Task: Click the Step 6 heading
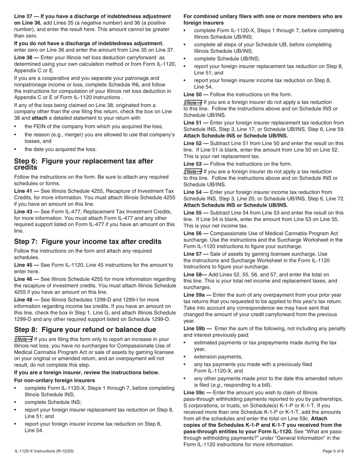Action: [83, 164]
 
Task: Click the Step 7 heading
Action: [88, 242]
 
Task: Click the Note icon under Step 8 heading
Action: [23, 339]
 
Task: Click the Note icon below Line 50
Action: [193, 102]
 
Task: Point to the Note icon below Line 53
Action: [193, 171]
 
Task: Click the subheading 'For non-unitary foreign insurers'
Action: [55, 380]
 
